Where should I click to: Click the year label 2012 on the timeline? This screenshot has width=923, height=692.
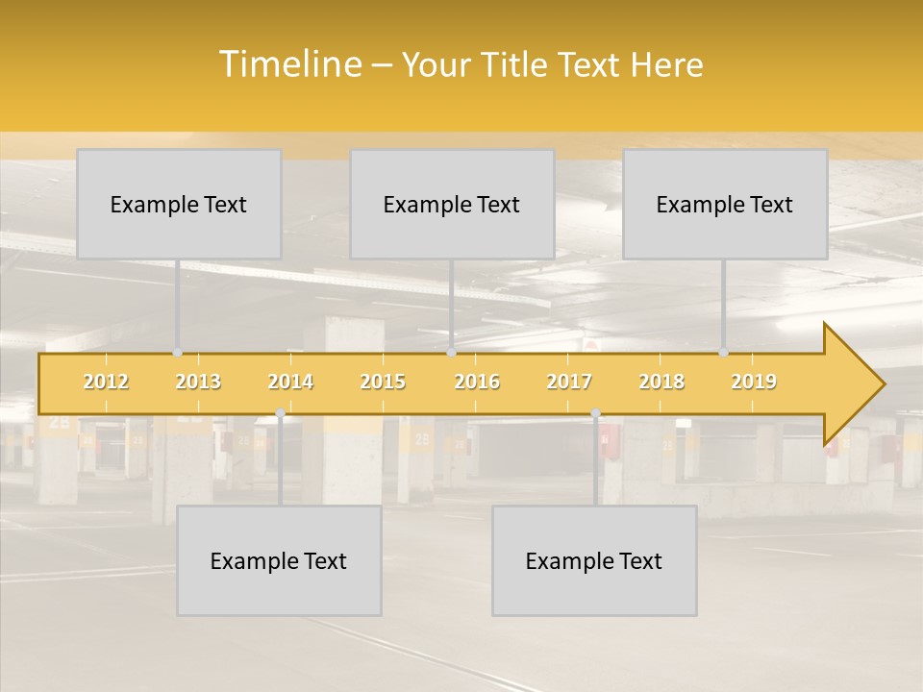pyautogui.click(x=106, y=383)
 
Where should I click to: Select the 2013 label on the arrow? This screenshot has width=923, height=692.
pyautogui.click(x=198, y=383)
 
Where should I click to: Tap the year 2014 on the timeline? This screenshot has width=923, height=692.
pyautogui.click(x=290, y=383)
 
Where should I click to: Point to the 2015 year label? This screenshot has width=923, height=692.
pyautogui.click(x=383, y=383)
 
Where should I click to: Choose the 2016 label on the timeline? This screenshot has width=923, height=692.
pyautogui.click(x=477, y=383)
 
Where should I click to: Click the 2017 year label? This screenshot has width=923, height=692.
pyautogui.click(x=569, y=383)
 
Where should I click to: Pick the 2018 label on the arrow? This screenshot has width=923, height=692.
pyautogui.click(x=661, y=383)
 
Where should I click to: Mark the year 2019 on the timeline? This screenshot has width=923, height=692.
pyautogui.click(x=754, y=383)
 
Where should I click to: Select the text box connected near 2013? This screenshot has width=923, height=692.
pyautogui.click(x=179, y=204)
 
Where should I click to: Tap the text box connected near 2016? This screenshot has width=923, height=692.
pyautogui.click(x=452, y=204)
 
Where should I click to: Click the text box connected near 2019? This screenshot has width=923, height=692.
pyautogui.click(x=725, y=204)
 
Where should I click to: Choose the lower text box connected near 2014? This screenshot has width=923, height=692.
pyautogui.click(x=279, y=560)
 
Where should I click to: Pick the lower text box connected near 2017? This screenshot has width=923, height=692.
pyautogui.click(x=594, y=560)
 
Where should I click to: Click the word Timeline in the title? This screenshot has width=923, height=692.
pyautogui.click(x=288, y=64)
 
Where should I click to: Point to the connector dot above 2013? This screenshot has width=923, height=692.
pyautogui.click(x=178, y=353)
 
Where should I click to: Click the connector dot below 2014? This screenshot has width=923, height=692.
pyautogui.click(x=280, y=413)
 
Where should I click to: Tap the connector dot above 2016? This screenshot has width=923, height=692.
pyautogui.click(x=451, y=353)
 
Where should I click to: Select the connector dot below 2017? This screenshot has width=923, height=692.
pyautogui.click(x=595, y=413)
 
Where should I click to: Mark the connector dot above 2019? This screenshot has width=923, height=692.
pyautogui.click(x=723, y=353)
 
